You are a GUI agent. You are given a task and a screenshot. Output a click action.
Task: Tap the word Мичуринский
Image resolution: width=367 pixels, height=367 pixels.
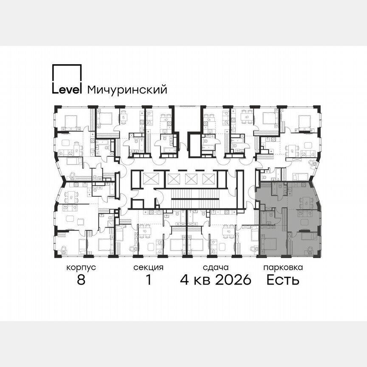coord(127,90)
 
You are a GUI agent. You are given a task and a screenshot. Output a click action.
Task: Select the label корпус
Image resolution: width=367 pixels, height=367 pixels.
coord(81,268)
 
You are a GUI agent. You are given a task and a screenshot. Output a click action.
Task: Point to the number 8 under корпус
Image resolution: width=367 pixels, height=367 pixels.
coord(81,280)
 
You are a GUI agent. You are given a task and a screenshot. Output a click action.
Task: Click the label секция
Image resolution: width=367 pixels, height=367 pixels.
coord(148,268)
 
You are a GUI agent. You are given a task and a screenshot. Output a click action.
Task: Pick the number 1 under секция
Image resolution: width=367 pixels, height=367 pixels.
coord(148,280)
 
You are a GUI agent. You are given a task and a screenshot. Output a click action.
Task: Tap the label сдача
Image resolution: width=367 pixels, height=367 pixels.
coord(216,268)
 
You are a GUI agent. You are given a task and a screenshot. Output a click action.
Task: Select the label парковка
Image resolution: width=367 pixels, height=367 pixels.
coord(283,268)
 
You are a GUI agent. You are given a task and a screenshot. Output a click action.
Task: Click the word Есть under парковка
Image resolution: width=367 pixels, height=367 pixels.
coord(283,280)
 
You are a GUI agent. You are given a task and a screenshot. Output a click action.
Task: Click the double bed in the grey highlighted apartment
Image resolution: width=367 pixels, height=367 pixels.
coord(269,244)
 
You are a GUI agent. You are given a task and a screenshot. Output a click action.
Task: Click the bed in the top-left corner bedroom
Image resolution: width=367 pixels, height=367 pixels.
coord(69,122)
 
